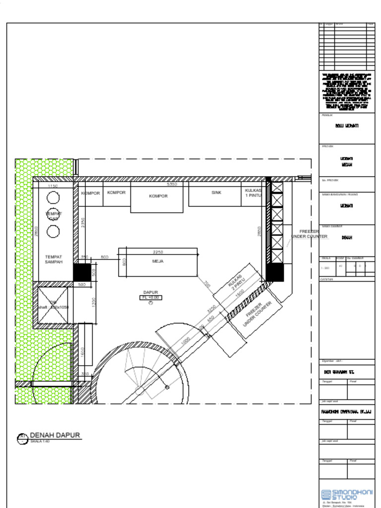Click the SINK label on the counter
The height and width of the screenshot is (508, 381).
click(x=216, y=192)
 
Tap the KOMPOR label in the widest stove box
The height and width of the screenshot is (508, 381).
click(x=158, y=196)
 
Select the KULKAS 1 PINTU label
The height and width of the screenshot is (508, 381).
click(x=254, y=192)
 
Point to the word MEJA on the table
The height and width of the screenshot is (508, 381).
click(x=158, y=261)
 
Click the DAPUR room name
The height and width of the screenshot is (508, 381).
click(x=151, y=293)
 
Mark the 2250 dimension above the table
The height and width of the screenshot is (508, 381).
click(x=159, y=252)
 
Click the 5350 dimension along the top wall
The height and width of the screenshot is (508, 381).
click(x=172, y=184)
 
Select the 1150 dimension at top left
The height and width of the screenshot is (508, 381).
click(x=53, y=186)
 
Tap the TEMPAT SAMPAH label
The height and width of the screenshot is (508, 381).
click(x=54, y=259)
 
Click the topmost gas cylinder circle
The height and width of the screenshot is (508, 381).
click(x=53, y=197)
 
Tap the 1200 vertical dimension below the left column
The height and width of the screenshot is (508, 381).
click(x=94, y=302)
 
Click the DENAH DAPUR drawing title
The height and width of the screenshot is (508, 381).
click(x=55, y=436)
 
